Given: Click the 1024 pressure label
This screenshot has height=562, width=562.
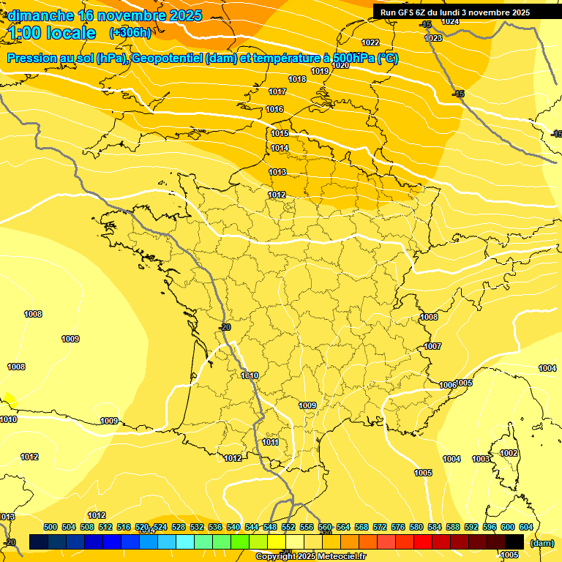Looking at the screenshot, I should click(x=450, y=22).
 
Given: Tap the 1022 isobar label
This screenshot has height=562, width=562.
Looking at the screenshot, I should click(x=370, y=42).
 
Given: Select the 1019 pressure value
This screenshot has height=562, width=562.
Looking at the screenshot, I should click(x=320, y=71).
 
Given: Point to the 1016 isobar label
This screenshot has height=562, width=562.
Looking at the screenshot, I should click(x=274, y=110).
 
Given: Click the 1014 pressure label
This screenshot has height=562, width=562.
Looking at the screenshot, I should click(x=280, y=149).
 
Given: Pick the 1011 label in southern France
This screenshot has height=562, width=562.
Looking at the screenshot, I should click(x=270, y=443).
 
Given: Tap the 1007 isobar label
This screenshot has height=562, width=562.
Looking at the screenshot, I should click(x=432, y=346).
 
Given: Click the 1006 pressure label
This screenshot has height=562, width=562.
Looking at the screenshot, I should click(x=447, y=385).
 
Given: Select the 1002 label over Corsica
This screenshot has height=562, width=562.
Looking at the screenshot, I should click(x=509, y=454).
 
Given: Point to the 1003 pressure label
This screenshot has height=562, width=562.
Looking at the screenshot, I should click(x=481, y=459).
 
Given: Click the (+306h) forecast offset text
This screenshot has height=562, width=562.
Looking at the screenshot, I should click(x=130, y=33).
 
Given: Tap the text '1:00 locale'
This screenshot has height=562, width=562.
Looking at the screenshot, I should click(x=52, y=33).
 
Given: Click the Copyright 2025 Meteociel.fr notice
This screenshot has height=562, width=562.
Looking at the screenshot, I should click(x=310, y=556).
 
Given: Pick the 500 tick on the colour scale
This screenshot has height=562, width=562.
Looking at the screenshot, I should click(x=50, y=527).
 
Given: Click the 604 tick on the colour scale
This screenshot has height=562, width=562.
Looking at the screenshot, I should click(x=525, y=527).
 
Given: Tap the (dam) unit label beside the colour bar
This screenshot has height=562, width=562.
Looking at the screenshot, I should click(x=542, y=543).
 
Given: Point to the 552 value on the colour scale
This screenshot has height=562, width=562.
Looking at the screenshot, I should click(x=288, y=527).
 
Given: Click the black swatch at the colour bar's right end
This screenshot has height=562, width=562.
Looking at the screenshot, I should click(x=514, y=542).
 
